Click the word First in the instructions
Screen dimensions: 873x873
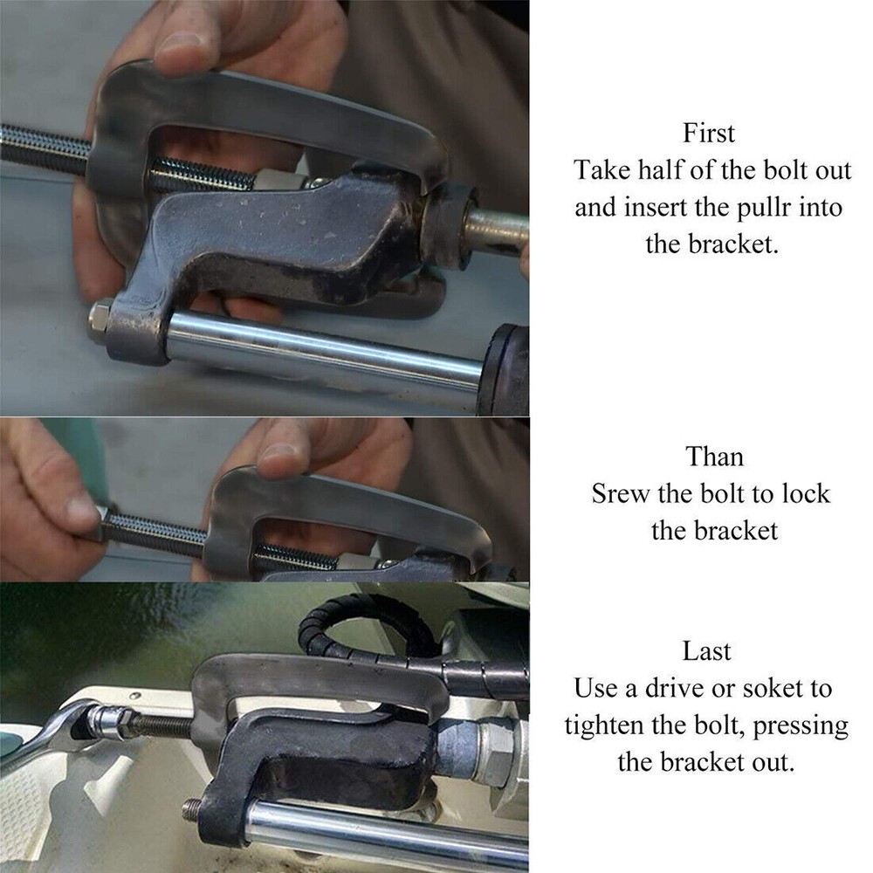pyautogui.click(x=709, y=133)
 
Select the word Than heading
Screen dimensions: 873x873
pyautogui.click(x=714, y=457)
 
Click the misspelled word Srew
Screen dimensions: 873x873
pyautogui.click(x=620, y=494)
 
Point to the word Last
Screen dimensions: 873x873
pyautogui.click(x=706, y=651)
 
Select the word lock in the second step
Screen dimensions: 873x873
pyautogui.click(x=806, y=494)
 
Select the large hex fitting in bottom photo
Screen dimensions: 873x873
pyautogui.click(x=497, y=748)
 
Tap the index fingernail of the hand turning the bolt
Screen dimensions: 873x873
pyautogui.click(x=79, y=508)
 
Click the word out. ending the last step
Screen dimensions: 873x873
pyautogui.click(x=773, y=763)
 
